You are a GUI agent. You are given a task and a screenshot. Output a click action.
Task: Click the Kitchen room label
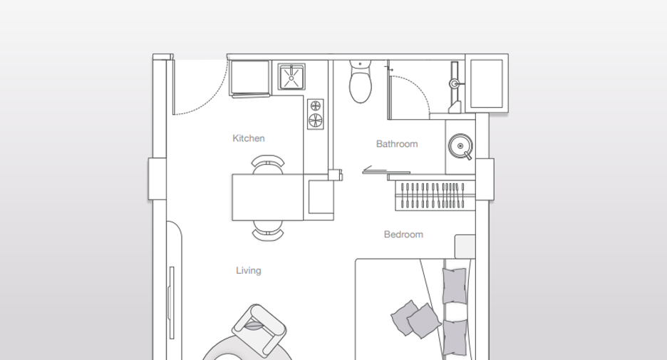(249, 138)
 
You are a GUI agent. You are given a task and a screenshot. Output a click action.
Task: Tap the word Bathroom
(397, 144)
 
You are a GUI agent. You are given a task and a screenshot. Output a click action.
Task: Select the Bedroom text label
(403, 235)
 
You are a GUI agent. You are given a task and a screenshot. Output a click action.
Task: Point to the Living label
(249, 271)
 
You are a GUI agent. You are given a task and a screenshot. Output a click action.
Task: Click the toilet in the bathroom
(361, 82)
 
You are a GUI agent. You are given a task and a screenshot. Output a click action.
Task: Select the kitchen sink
(291, 77)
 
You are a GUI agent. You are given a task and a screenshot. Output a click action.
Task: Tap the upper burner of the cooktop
(315, 106)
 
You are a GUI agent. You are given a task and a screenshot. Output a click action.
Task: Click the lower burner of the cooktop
(315, 120)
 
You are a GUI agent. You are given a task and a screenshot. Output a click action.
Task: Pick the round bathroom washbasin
(460, 146)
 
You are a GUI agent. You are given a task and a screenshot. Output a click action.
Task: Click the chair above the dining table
(267, 165)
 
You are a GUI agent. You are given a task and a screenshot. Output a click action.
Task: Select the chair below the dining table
(267, 231)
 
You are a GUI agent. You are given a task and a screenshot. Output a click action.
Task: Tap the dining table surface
(267, 197)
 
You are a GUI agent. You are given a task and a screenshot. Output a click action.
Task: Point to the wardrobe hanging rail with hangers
(435, 195)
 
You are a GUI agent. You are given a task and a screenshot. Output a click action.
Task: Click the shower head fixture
(455, 83)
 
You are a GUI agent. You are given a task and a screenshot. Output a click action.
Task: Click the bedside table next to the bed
(465, 246)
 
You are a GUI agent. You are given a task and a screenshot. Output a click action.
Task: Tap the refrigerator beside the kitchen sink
(249, 78)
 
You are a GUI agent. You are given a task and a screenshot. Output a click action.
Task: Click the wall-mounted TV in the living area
(172, 302)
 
